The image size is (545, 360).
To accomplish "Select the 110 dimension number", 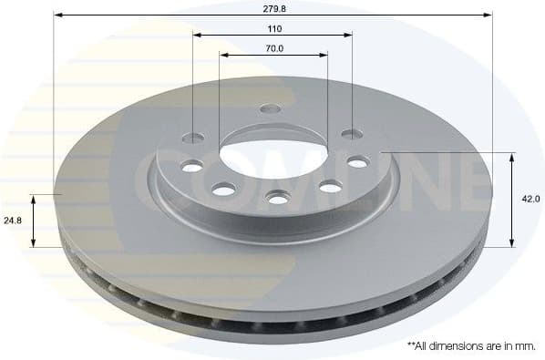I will click(x=272, y=27).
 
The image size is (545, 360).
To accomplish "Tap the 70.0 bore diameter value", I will click(x=272, y=48).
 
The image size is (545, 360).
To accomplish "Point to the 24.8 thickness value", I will click(x=12, y=221).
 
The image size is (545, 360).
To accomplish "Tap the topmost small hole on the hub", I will click(x=270, y=108).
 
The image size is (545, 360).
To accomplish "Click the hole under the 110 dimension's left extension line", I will click(x=194, y=139).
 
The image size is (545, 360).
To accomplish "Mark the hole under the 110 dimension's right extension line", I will click(x=352, y=135).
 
